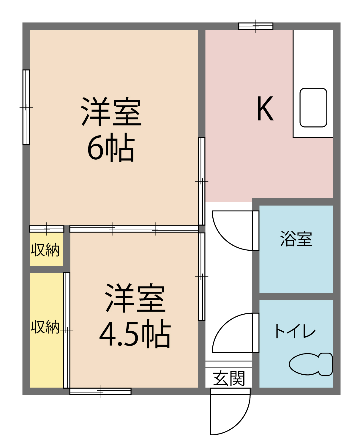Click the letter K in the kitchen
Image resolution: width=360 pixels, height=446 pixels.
click(x=265, y=109)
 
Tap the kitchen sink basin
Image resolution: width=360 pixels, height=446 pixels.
click(x=313, y=108)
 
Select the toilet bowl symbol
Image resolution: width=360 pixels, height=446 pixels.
click(x=310, y=364)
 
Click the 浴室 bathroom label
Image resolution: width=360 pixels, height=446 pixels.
click(x=296, y=239)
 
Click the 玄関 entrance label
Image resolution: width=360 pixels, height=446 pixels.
click(x=229, y=378)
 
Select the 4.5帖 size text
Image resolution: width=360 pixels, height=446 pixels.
click(x=135, y=334)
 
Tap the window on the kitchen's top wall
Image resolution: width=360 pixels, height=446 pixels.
click(x=256, y=26)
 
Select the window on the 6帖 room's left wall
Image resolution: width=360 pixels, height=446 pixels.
click(x=26, y=107)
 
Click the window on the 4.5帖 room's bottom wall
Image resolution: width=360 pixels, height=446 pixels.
click(x=100, y=391)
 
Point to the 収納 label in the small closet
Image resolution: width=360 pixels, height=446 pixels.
click(x=45, y=250)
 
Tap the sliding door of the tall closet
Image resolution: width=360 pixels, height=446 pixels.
click(x=67, y=330)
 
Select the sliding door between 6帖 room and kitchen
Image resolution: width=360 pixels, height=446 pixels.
click(x=202, y=181)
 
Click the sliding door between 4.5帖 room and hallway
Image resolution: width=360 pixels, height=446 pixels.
click(x=202, y=277)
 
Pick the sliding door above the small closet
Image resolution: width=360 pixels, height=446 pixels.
click(x=47, y=229)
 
